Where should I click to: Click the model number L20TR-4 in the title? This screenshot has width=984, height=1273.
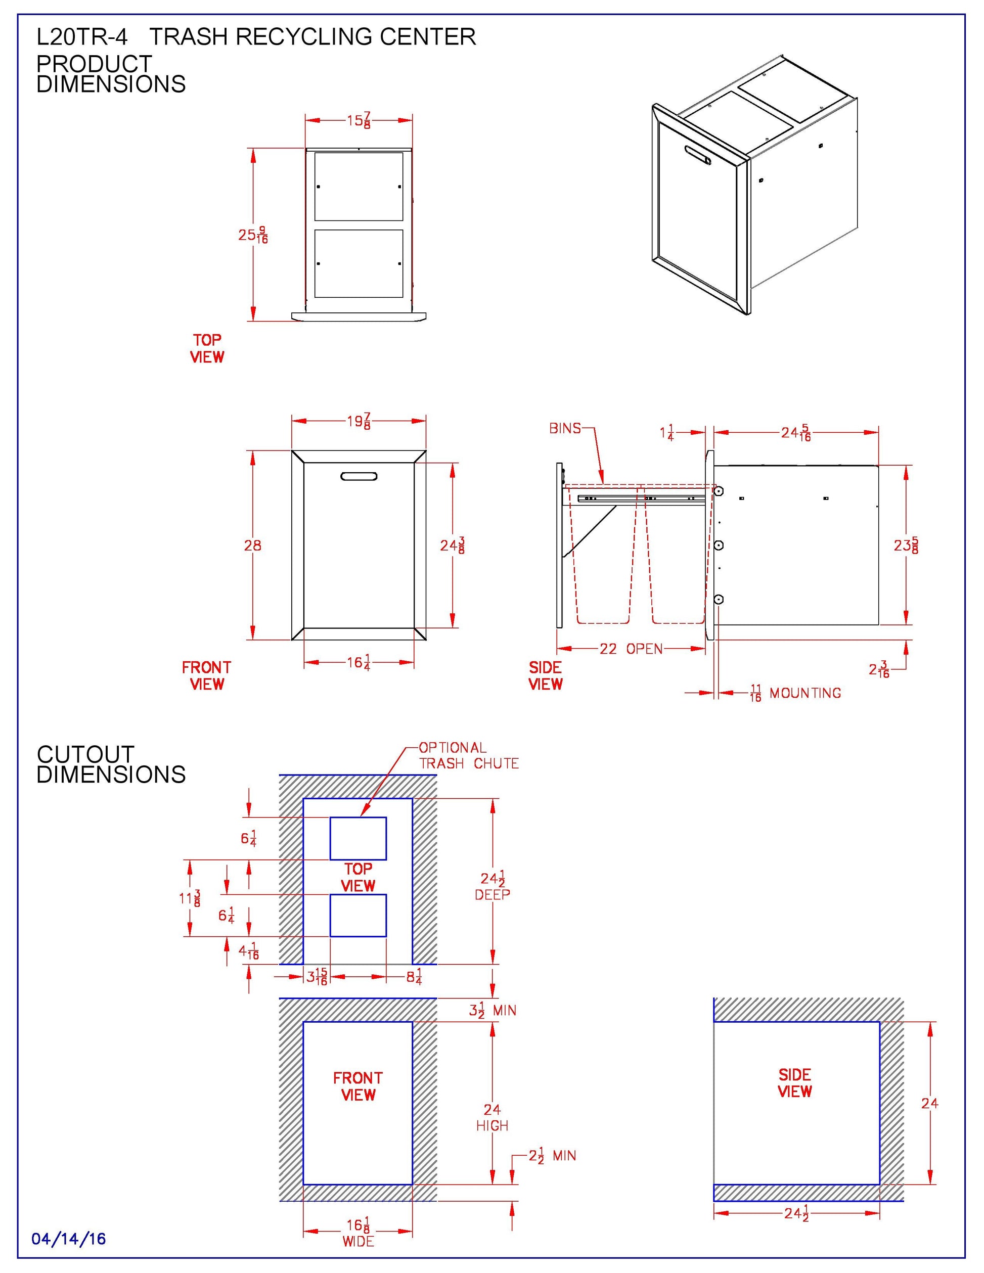pyautogui.click(x=81, y=37)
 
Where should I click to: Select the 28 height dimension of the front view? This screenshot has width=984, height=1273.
pyautogui.click(x=252, y=545)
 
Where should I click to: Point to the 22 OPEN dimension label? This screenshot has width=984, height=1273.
pyautogui.click(x=632, y=649)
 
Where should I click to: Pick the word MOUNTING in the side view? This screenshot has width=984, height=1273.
pyautogui.click(x=805, y=693)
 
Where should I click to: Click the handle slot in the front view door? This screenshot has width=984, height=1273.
pyautogui.click(x=359, y=476)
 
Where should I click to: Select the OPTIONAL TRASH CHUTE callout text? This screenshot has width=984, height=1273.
pyautogui.click(x=469, y=755)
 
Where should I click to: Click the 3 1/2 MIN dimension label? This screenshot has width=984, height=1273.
pyautogui.click(x=493, y=1010)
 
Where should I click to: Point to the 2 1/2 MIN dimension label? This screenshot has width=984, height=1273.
pyautogui.click(x=552, y=1156)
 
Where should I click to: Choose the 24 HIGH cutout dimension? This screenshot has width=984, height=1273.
pyautogui.click(x=492, y=1117)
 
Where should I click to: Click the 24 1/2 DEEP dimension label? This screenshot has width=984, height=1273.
pyautogui.click(x=493, y=886)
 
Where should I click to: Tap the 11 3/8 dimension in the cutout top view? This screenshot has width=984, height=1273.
pyautogui.click(x=190, y=898)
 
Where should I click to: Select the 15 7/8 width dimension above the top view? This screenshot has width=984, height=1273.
pyautogui.click(x=359, y=121)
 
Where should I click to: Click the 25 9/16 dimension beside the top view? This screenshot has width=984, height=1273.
pyautogui.click(x=253, y=235)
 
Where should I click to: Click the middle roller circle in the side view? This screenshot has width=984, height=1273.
pyautogui.click(x=719, y=545)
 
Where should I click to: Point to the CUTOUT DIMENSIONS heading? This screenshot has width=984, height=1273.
pyautogui.click(x=111, y=764)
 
